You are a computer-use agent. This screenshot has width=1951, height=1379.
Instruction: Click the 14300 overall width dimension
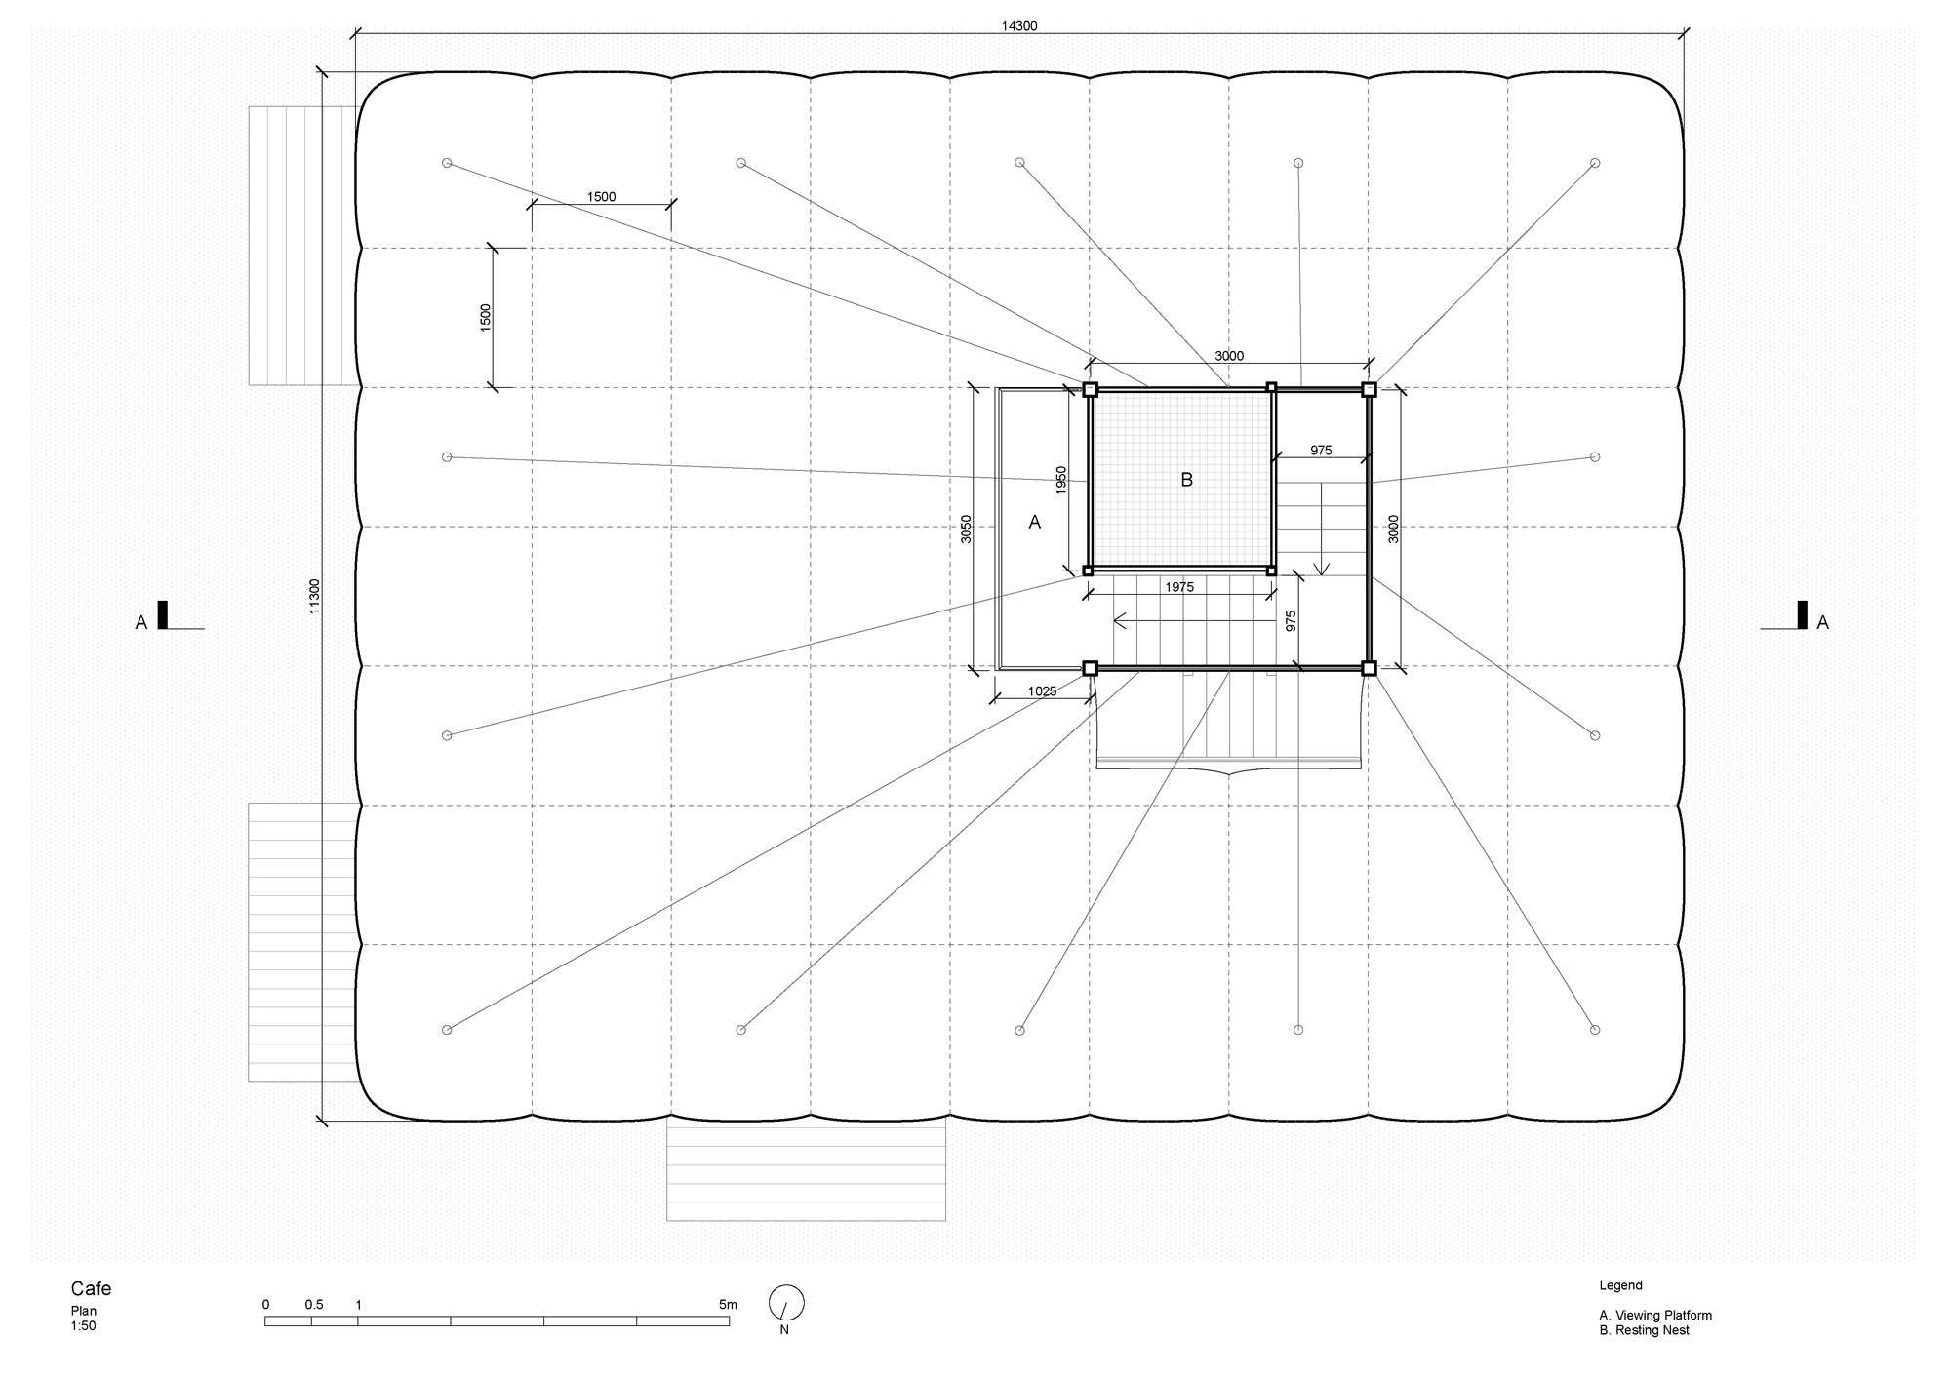[x=1019, y=26]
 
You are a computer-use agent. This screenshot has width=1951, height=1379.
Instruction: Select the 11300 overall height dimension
[x=314, y=596]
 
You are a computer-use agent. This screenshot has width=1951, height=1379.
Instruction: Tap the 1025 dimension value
[x=1042, y=691]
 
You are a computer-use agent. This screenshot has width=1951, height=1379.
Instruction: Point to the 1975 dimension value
[x=1179, y=587]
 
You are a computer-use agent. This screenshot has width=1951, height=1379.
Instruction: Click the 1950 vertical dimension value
[x=1062, y=480]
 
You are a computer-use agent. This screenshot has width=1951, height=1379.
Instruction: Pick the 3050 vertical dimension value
[x=967, y=529]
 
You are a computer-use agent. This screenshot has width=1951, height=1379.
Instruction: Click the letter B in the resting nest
[x=1186, y=480]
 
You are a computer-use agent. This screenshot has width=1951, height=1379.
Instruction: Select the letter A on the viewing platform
[x=1035, y=523]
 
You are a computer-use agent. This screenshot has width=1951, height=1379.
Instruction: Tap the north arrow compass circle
[x=786, y=1303]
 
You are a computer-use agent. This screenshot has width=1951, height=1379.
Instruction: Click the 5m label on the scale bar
[x=728, y=1305]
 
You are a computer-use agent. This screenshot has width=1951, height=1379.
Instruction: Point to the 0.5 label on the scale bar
[x=314, y=1305]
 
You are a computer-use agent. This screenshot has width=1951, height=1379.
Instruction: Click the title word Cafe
[x=91, y=1289]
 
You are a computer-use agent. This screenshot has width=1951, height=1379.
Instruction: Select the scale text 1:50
[x=84, y=1326]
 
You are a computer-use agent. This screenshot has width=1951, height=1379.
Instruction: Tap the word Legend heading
[x=1621, y=1286]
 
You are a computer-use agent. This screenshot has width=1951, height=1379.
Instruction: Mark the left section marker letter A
[x=141, y=622]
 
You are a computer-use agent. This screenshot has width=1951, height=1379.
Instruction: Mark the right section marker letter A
[x=1822, y=622]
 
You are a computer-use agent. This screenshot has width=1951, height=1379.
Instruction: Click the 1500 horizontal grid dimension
[x=601, y=197]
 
